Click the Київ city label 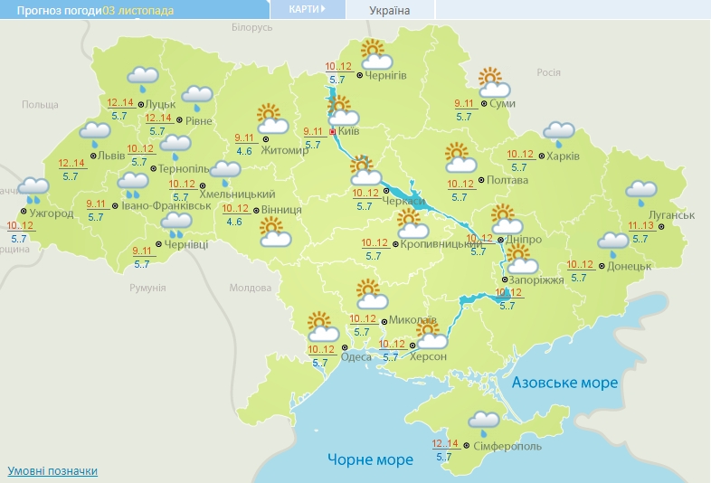(348, 132)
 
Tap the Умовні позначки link (52, 471)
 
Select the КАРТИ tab (307, 9)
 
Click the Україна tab (389, 11)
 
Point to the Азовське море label (564, 383)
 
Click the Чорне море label (370, 459)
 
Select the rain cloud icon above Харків (558, 134)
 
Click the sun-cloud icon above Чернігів (374, 54)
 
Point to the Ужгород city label (51, 213)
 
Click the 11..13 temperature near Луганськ (640, 225)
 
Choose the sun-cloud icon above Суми (494, 83)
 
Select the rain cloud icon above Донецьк (613, 242)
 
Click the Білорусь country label (251, 28)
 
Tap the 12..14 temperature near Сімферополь (445, 443)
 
